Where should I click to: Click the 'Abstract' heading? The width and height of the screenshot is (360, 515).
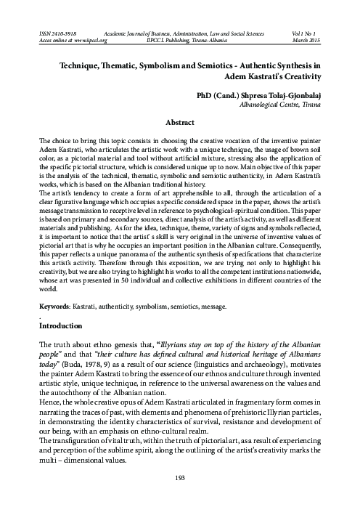tap(179, 123)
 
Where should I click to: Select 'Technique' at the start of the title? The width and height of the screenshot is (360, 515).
tap(74, 65)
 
